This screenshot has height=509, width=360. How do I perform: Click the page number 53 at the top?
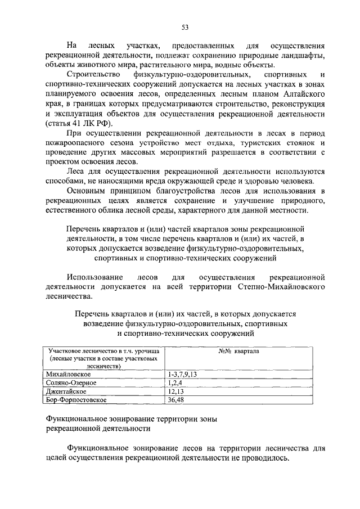coord(184,26)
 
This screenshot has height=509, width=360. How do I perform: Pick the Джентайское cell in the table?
coord(66,391)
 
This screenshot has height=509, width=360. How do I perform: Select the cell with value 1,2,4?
coord(173,382)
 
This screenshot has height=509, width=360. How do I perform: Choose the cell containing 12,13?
coord(174,391)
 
